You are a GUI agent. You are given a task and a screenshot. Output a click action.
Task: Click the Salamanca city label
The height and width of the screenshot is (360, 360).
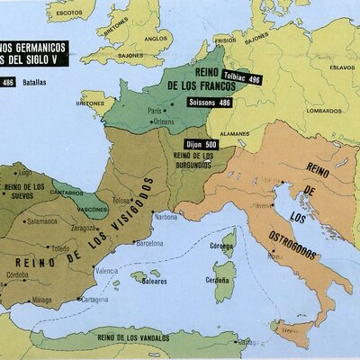click(41, 220)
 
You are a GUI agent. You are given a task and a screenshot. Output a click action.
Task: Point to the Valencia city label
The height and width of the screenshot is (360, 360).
click(106, 270)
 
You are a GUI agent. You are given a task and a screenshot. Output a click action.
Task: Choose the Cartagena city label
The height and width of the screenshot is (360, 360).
click(94, 299)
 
